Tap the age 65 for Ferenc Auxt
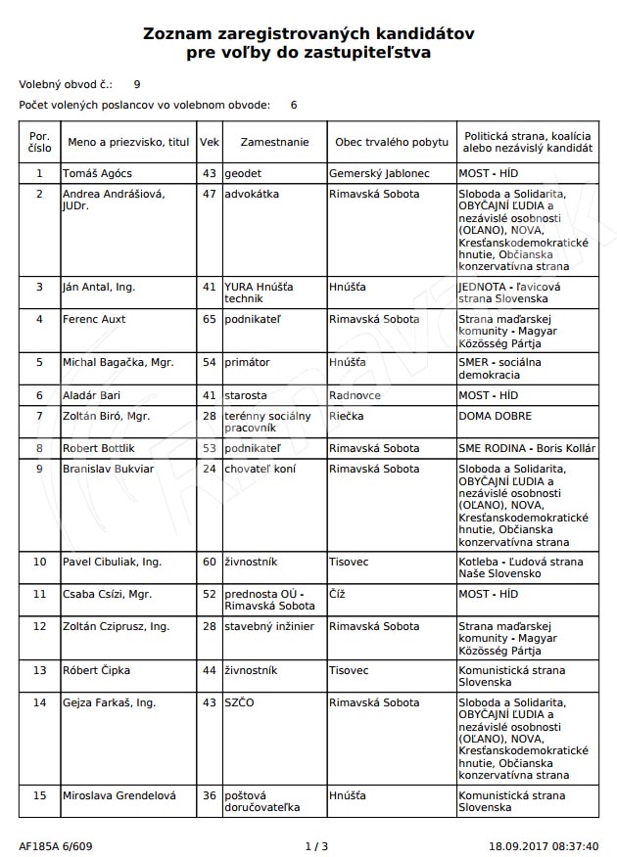209,319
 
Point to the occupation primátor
247,362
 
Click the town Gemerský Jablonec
379,173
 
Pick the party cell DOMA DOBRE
496,416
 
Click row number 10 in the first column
39,562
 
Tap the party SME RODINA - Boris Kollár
527,448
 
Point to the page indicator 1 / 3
316,845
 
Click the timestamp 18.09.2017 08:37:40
544,845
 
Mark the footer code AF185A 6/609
56,845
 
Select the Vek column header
210,142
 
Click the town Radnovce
356,395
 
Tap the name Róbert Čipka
96,670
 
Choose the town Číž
339,594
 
